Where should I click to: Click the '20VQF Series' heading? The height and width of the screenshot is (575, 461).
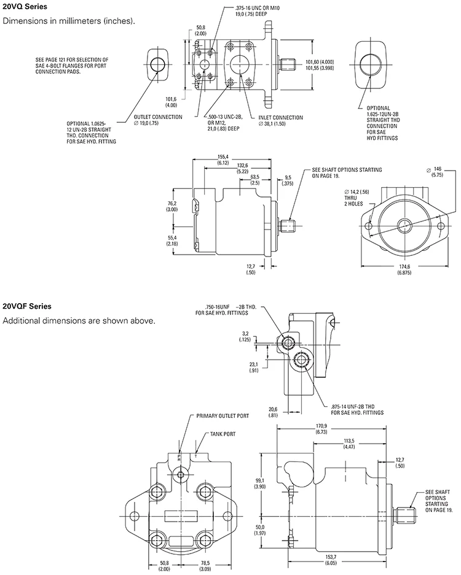click(27, 306)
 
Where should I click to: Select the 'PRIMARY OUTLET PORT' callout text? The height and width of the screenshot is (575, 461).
click(223, 415)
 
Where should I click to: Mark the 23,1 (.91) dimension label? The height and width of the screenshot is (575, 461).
click(253, 368)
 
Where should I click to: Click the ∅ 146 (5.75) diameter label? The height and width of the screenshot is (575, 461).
click(437, 171)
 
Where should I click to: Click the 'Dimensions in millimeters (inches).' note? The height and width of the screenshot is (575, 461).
click(69, 21)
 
